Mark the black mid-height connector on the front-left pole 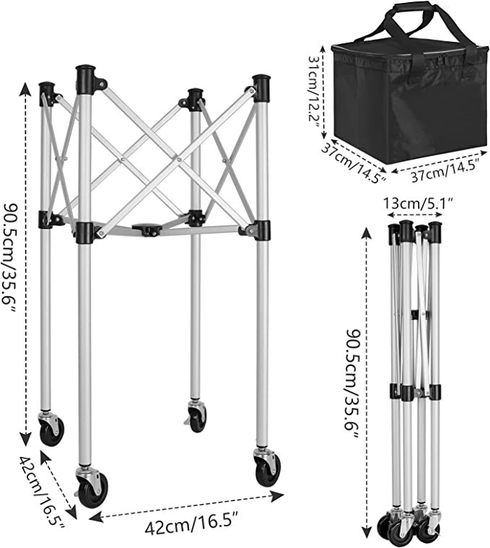[x=84, y=232]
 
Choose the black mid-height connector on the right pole [x=262, y=230]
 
